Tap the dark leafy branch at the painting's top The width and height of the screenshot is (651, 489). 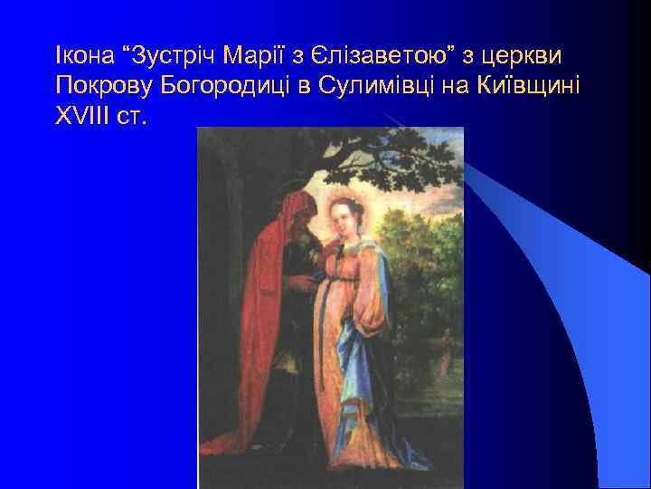click(380, 154)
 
